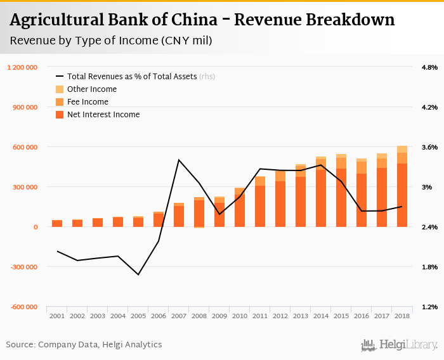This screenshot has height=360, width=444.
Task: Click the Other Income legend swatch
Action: click(x=60, y=89)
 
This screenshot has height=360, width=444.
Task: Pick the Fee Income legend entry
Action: click(x=88, y=102)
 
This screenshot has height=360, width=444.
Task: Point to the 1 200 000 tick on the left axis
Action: click(x=22, y=67)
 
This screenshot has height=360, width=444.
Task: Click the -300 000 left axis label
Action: click(x=23, y=267)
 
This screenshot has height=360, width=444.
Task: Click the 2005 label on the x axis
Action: click(x=138, y=315)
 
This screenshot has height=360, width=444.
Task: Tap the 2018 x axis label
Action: click(x=402, y=315)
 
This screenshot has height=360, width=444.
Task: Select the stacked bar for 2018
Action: click(x=402, y=190)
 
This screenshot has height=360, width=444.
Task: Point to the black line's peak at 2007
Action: click(x=179, y=160)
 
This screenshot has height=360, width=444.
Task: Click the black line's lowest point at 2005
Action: click(x=138, y=274)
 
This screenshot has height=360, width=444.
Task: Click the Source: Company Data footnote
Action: click(x=84, y=345)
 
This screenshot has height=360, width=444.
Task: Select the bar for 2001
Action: click(x=57, y=224)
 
